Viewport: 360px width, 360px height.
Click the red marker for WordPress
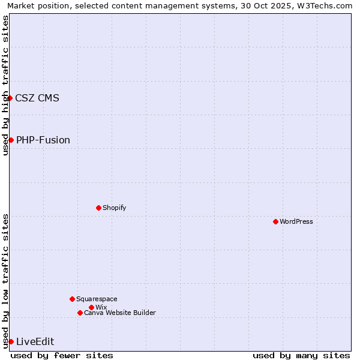point(275,221)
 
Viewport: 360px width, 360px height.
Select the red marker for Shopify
point(98,208)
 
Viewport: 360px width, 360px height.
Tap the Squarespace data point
point(72,299)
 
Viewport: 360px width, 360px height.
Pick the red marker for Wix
point(91,307)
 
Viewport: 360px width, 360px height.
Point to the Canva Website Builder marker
point(80,313)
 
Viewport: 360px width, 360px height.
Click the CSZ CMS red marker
point(10,98)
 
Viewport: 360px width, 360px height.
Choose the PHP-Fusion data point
point(11,140)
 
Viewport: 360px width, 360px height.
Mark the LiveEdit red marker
point(11,341)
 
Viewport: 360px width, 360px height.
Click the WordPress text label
point(296,221)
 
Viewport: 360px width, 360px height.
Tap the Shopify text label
point(114,208)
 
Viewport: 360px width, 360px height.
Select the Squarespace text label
point(97,299)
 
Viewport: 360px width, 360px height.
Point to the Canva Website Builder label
point(120,313)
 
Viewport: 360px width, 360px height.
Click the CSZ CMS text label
point(37,98)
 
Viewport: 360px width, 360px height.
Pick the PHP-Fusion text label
point(43,140)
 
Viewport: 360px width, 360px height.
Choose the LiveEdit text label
point(35,341)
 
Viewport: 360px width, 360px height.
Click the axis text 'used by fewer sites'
point(62,355)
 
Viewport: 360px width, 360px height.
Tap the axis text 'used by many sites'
point(301,355)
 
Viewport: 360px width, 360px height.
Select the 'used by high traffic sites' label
point(5,85)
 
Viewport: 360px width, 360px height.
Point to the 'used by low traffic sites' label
point(5,281)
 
